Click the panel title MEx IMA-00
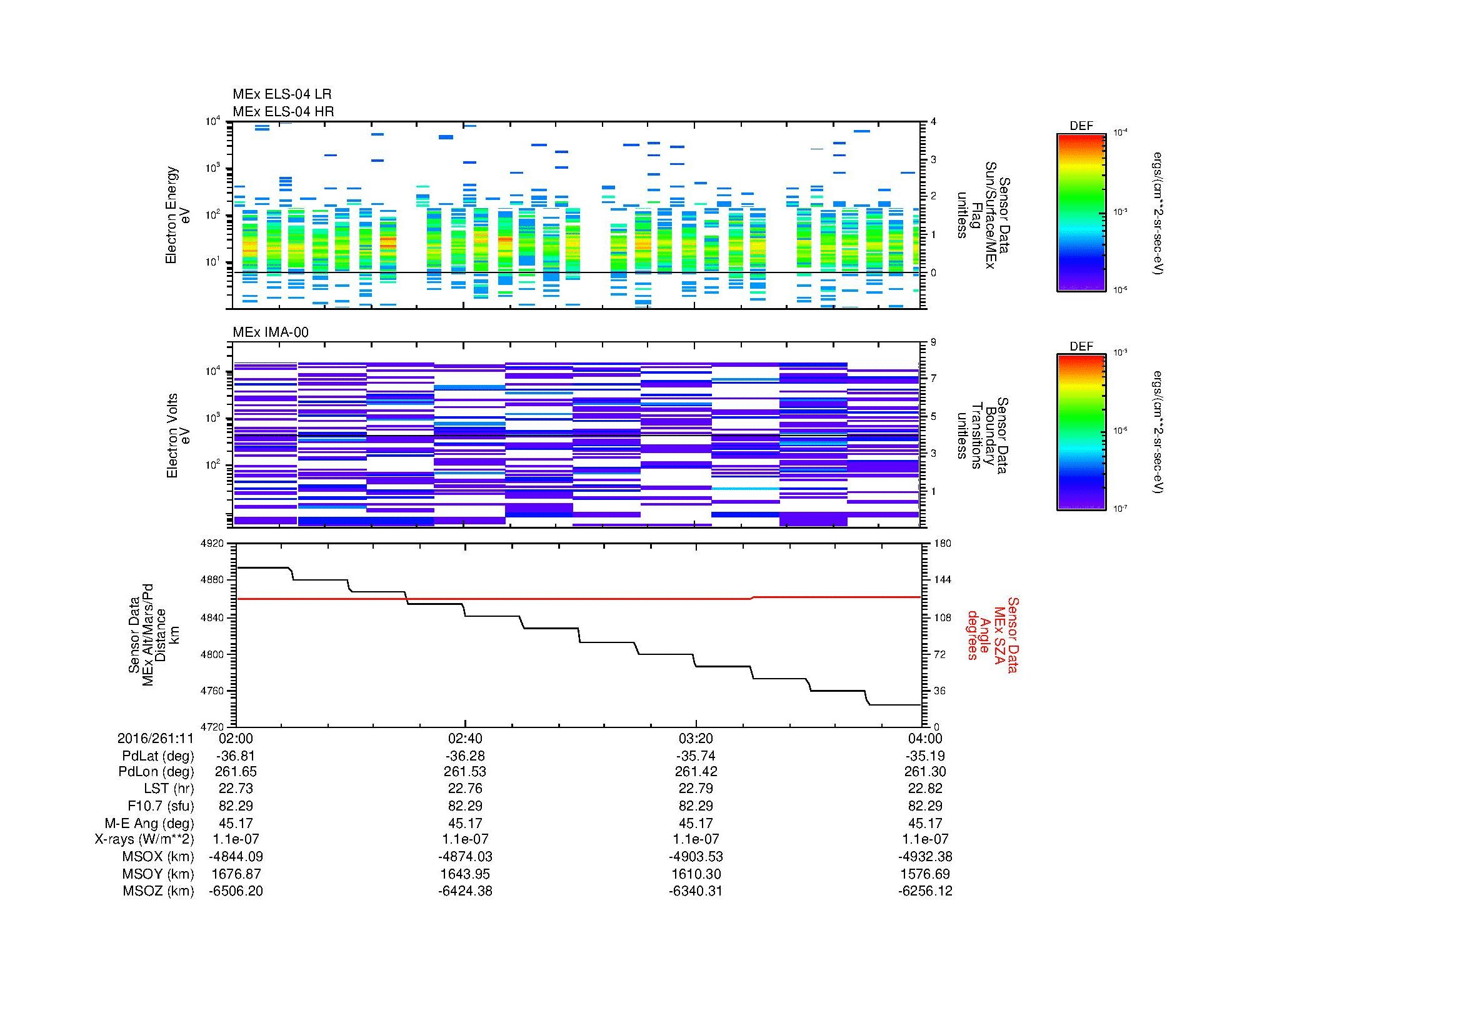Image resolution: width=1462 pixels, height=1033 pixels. [270, 332]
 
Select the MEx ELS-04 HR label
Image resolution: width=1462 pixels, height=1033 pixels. [283, 111]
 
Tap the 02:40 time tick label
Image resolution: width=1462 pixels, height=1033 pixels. [465, 738]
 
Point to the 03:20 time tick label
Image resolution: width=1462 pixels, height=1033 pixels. [696, 738]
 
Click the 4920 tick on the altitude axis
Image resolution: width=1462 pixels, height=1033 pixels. [213, 544]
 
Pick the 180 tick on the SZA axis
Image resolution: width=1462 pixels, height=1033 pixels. [942, 544]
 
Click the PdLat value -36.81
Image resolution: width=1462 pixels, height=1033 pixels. [236, 756]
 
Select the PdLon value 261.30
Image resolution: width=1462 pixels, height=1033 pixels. [925, 772]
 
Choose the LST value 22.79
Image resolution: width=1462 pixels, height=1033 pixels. [696, 789]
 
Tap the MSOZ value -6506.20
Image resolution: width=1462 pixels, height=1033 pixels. [236, 891]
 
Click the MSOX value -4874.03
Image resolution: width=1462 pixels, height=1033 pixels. [465, 857]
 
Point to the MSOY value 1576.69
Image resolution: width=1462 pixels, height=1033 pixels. [925, 874]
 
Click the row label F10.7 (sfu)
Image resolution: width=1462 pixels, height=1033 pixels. [161, 806]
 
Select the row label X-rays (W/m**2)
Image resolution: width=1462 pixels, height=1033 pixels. [144, 839]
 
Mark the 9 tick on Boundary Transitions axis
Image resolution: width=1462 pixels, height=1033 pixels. [933, 342]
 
